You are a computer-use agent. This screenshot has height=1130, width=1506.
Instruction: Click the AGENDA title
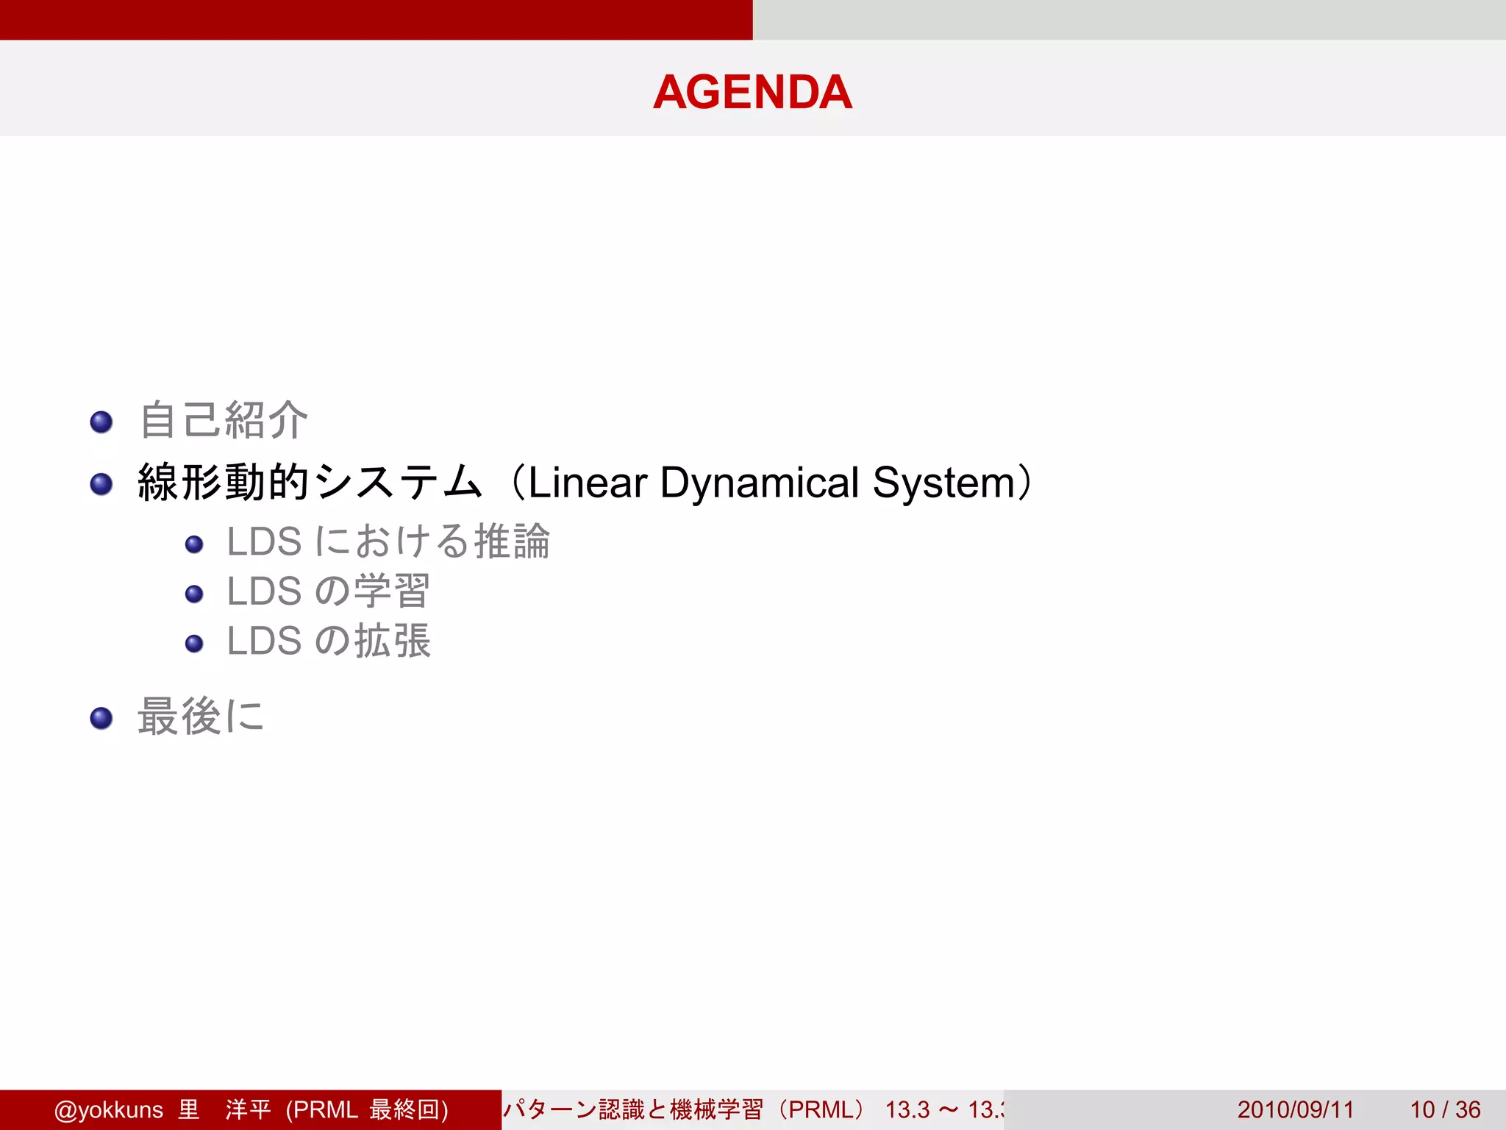752,92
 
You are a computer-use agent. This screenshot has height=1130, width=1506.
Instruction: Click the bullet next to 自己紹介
101,422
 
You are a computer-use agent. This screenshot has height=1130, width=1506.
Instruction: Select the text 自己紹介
224,421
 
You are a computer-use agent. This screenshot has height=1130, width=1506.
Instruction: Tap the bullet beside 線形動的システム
101,484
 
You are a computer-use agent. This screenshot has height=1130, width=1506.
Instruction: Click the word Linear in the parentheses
587,483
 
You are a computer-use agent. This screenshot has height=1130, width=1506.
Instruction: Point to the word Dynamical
759,483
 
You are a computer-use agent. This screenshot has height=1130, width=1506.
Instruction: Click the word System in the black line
943,483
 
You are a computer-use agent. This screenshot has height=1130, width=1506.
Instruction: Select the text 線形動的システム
309,483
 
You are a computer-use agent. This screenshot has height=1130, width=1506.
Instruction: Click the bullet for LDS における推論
194,544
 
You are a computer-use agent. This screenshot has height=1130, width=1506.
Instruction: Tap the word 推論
512,541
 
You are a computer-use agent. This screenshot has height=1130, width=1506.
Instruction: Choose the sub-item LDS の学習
328,591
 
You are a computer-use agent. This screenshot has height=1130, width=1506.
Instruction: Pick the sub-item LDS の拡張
328,641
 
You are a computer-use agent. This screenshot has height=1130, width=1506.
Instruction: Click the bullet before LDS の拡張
194,644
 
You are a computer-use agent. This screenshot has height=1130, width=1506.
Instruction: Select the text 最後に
201,717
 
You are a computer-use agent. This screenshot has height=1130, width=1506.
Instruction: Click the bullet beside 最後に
101,718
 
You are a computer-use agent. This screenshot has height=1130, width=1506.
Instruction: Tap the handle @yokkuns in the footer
109,1109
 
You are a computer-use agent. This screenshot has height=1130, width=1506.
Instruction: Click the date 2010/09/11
1295,1109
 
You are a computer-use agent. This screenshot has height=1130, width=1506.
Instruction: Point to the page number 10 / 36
1444,1109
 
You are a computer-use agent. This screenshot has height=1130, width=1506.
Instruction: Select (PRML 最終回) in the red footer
367,1109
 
